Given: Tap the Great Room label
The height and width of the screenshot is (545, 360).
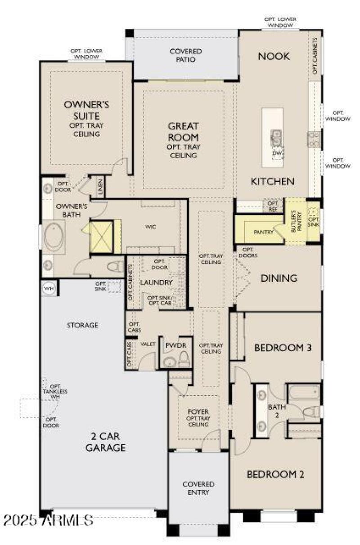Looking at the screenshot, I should [x=183, y=132].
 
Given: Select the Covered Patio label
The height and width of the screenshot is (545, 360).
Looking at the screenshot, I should [x=185, y=55].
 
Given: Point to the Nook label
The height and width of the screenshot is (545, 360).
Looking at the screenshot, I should [x=274, y=57].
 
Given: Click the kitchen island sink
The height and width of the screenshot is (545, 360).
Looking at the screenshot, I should [x=276, y=136].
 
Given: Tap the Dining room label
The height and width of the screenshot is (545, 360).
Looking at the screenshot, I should [x=279, y=278].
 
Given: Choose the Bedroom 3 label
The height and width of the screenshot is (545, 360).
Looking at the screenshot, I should [x=277, y=348].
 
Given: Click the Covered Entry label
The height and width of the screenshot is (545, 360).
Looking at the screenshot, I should [x=198, y=488].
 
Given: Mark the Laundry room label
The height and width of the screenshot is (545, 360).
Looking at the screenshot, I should [x=156, y=282].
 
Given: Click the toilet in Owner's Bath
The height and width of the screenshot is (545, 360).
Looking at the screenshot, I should [x=115, y=267].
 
